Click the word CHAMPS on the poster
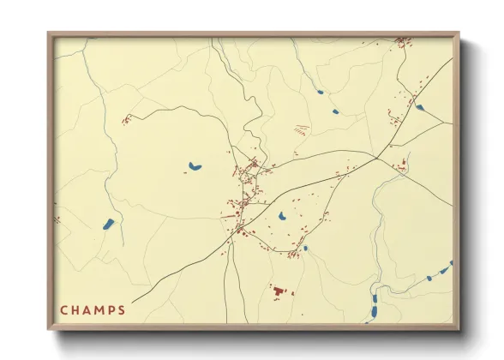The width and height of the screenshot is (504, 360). pos(93,310)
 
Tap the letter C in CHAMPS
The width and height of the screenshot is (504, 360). pos(63,310)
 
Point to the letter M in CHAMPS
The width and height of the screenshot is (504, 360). pos(98,310)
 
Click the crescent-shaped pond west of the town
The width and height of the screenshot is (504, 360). pos(195,166)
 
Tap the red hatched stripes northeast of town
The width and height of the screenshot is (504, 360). pos(301,130)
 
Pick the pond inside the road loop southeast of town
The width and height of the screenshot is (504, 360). pos(281,215)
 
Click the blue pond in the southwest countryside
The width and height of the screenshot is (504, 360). pos(108,225)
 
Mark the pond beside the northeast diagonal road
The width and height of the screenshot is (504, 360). pos(419,107)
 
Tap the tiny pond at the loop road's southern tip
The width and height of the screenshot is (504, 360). pos(305,249)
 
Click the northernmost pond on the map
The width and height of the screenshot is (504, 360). pos(320,92)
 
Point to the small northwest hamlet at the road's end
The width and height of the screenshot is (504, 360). pos(126,120)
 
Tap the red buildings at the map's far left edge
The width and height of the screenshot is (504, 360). pos(57,219)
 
